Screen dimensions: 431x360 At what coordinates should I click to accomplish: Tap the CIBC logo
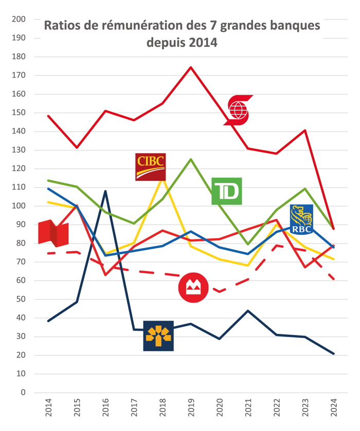(x=150, y=167)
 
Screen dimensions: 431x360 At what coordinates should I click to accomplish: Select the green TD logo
(x=226, y=191)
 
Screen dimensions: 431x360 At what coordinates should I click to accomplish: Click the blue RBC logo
(x=301, y=219)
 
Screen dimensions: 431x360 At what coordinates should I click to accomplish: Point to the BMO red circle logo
(x=193, y=288)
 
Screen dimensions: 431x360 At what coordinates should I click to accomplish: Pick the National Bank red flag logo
(x=53, y=233)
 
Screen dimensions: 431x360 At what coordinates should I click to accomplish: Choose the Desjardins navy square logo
(x=158, y=336)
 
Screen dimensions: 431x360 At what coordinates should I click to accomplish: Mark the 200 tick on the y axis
(x=19, y=20)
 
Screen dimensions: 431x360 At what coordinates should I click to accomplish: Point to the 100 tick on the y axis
(x=19, y=206)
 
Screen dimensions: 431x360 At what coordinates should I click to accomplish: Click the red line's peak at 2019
(x=191, y=67)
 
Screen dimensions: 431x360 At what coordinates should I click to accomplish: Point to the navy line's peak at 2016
(x=105, y=191)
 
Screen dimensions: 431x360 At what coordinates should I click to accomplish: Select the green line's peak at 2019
(x=191, y=159)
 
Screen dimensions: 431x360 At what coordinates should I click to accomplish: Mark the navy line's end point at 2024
(x=334, y=353)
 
